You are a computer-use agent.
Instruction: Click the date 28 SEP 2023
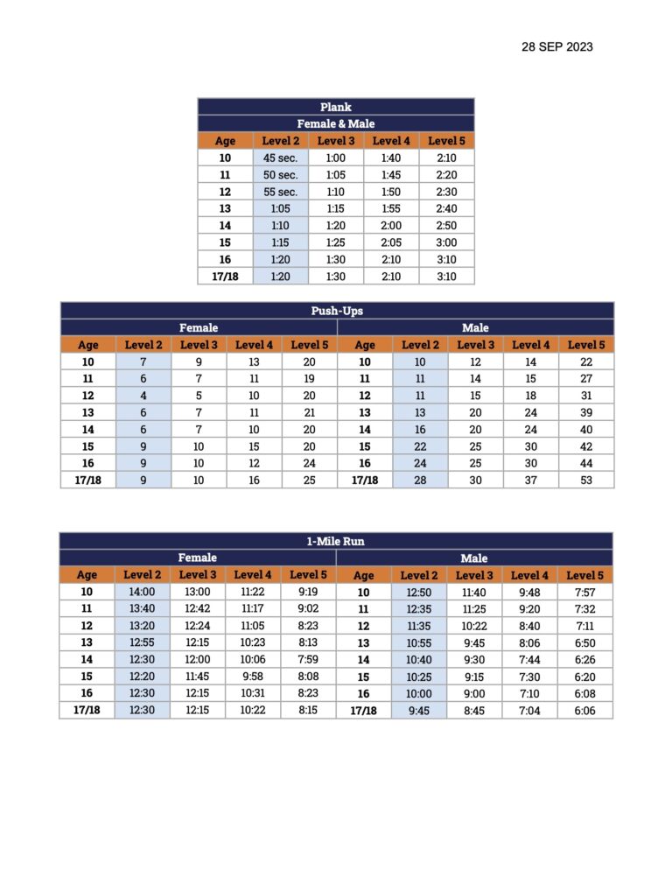tap(556, 46)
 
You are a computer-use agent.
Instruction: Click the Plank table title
tap(336, 107)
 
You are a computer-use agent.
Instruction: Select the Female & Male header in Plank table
tap(336, 123)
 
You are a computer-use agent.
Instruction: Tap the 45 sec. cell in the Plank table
tap(281, 158)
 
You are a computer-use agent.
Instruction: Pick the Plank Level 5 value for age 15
tap(446, 242)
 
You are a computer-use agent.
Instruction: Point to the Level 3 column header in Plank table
tap(336, 140)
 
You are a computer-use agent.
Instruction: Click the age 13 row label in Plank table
tap(225, 208)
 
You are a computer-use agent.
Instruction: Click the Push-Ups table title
tap(337, 311)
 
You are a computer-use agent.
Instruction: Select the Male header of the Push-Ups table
tap(475, 327)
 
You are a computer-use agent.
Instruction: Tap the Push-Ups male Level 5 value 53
tap(586, 480)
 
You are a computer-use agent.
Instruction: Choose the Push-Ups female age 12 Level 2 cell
tap(143, 395)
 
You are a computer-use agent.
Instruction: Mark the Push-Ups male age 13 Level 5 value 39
tap(586, 412)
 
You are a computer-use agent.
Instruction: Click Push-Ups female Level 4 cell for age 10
tap(254, 361)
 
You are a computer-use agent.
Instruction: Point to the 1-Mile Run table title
tap(337, 541)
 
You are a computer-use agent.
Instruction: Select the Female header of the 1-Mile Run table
tap(198, 558)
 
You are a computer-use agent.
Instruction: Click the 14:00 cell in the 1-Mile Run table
tap(143, 592)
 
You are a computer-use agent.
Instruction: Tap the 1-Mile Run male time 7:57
tap(584, 592)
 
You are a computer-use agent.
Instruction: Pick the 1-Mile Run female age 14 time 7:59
tap(308, 659)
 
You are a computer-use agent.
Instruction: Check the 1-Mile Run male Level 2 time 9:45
tap(419, 711)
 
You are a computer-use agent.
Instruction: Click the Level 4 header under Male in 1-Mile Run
tap(530, 575)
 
